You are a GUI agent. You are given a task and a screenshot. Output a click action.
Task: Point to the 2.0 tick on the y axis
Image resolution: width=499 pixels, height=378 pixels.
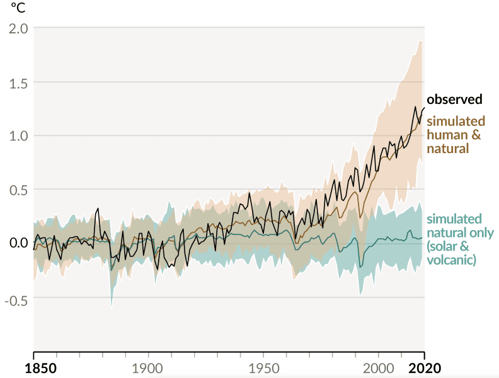coord(18,28)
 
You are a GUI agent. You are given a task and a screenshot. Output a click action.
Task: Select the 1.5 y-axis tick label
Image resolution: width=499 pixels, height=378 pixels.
coord(18,82)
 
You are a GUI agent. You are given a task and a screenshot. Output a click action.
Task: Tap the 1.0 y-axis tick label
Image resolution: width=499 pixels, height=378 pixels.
coord(18,135)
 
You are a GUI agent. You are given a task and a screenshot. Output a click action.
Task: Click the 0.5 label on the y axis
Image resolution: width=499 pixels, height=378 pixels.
coord(18,189)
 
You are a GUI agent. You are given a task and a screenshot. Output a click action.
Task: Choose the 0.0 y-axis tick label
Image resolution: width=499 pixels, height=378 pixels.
coord(18,243)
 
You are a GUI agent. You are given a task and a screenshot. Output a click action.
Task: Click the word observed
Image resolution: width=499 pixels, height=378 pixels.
coord(454,100)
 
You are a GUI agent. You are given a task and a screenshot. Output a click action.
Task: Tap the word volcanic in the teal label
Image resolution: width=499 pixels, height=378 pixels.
coord(451,260)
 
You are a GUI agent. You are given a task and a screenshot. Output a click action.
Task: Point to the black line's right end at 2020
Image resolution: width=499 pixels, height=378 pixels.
coord(424,108)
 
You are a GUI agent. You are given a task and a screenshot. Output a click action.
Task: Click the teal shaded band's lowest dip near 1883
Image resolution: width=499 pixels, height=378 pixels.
coord(112,307)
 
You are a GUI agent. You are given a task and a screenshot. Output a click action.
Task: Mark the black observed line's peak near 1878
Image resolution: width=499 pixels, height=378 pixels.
coord(98,208)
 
